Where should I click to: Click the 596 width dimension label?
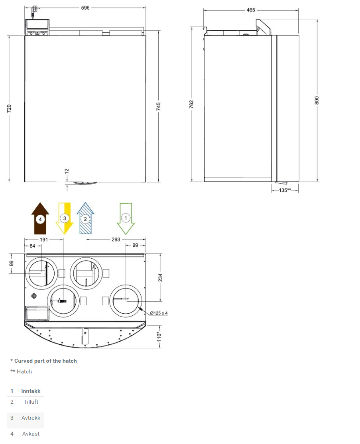tap(85, 8)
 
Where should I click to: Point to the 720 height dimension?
tap(9, 108)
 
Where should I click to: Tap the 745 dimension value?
tap(158, 106)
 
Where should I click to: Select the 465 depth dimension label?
tap(251, 10)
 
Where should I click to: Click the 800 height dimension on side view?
tap(317, 100)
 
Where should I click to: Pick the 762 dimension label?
tap(191, 104)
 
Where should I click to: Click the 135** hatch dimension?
tap(285, 190)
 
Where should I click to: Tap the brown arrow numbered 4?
tap(40, 218)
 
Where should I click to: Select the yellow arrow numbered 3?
tap(65, 218)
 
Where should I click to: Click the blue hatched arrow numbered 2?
tap(85, 218)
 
